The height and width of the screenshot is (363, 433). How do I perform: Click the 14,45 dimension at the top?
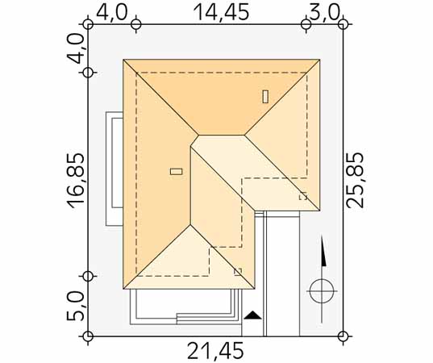221,12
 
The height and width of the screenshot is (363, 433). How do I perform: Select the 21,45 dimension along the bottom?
215,351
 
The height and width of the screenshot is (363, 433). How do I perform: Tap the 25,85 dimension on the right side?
356,180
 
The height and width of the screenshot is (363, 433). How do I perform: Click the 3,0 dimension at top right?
324,12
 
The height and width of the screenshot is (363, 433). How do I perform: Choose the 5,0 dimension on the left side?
75,306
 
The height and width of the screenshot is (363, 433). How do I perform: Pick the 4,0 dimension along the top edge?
112,12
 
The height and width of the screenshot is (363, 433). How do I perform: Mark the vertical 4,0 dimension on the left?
75,48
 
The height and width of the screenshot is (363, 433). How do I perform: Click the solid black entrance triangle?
252,315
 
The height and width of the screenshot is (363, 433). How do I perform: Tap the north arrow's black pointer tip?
322,236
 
